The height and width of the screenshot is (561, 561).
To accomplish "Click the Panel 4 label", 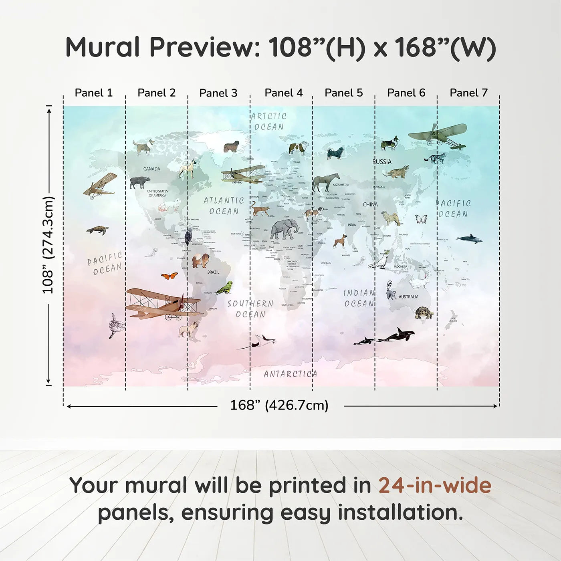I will tap(283, 93).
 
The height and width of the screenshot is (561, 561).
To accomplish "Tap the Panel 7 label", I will tap(468, 93).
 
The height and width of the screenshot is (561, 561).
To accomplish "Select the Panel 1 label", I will tap(94, 93).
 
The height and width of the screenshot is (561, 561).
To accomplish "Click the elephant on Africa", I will tap(284, 231).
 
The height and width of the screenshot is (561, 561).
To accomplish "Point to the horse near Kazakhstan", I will tap(325, 183).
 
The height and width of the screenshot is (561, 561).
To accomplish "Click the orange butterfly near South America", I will tap(170, 276).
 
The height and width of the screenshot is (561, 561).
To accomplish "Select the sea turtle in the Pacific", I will tap(97, 230).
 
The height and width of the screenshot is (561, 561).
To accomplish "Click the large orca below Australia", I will tap(396, 335).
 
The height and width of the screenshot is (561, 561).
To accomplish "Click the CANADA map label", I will tap(151, 169).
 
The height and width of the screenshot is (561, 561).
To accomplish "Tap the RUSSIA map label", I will tap(382, 162).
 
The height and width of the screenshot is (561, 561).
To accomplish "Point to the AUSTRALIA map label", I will tap(408, 297).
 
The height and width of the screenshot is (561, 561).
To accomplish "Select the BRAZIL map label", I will tap(213, 272).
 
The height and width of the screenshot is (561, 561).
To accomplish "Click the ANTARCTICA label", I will tap(290, 374).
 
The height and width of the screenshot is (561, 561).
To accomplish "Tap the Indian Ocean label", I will tap(359, 299).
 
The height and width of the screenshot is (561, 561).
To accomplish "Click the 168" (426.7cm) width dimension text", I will tap(279, 406).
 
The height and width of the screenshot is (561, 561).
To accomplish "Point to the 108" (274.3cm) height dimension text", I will tap(48, 245).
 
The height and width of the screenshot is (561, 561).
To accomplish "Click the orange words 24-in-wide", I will tap(435, 486).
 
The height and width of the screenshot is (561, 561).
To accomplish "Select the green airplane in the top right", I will tap(439, 135).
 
